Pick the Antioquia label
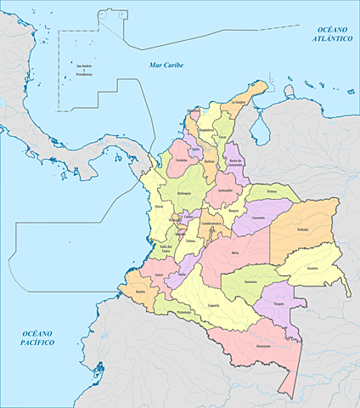pos(185,194)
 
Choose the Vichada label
pos(303,229)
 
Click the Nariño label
pos(140,291)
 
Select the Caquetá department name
pos(214,303)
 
